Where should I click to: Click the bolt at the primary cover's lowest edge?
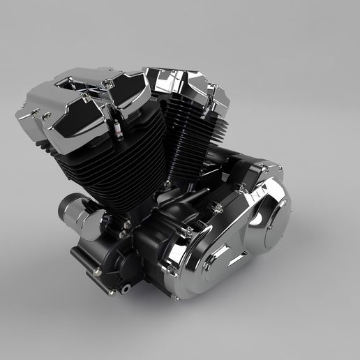point(177,296)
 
